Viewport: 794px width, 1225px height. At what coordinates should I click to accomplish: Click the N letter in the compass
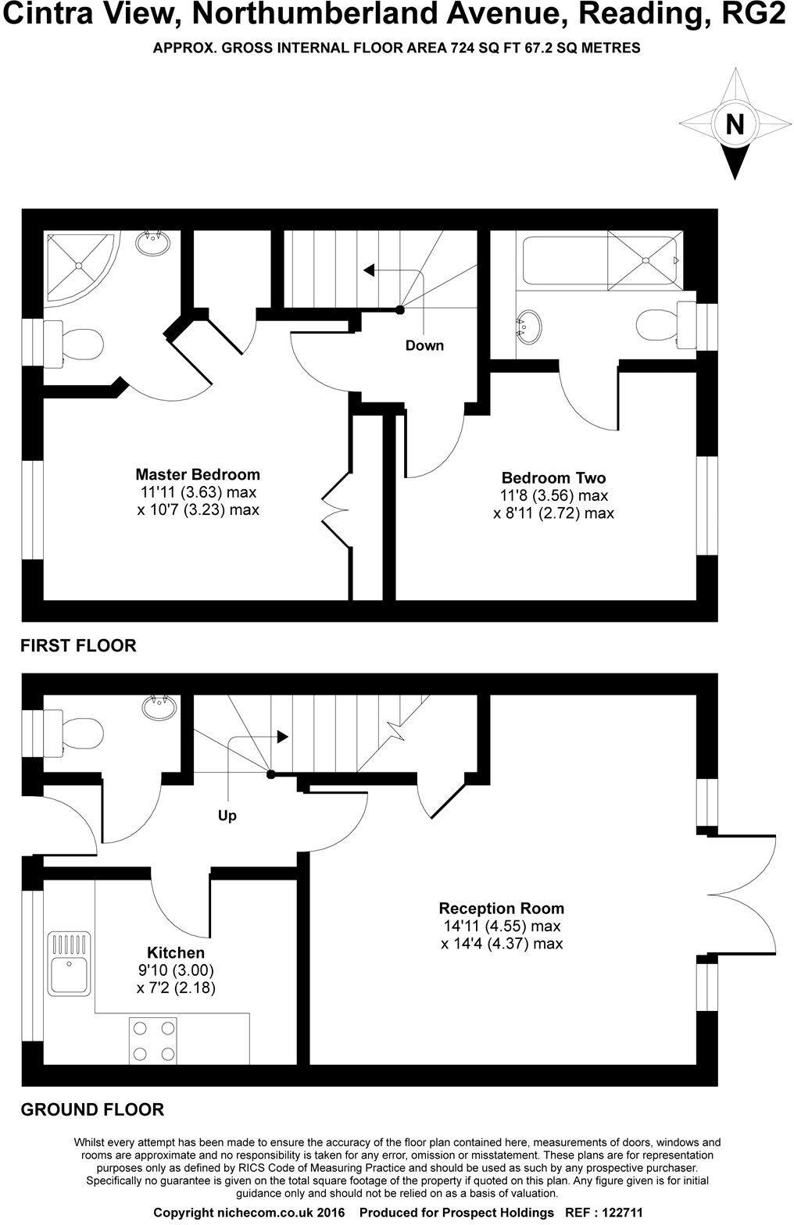click(x=735, y=124)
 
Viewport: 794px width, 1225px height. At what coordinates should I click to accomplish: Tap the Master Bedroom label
click(x=198, y=474)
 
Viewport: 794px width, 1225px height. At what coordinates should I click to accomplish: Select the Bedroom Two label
click(x=553, y=477)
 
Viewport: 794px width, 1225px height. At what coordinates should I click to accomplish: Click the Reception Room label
click(x=501, y=909)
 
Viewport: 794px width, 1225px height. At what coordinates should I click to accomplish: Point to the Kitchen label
click(x=176, y=952)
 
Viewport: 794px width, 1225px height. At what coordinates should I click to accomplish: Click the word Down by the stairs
click(x=424, y=345)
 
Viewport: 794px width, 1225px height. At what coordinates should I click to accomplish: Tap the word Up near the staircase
click(x=227, y=816)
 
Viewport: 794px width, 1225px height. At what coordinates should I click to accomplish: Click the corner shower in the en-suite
click(x=80, y=266)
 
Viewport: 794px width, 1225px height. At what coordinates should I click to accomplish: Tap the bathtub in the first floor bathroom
click(x=600, y=260)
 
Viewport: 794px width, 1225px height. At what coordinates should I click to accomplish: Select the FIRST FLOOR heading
click(x=78, y=645)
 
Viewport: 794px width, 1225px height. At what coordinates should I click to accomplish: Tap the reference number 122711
click(x=620, y=1213)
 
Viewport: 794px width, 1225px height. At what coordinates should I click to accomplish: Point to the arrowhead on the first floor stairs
click(x=370, y=270)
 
